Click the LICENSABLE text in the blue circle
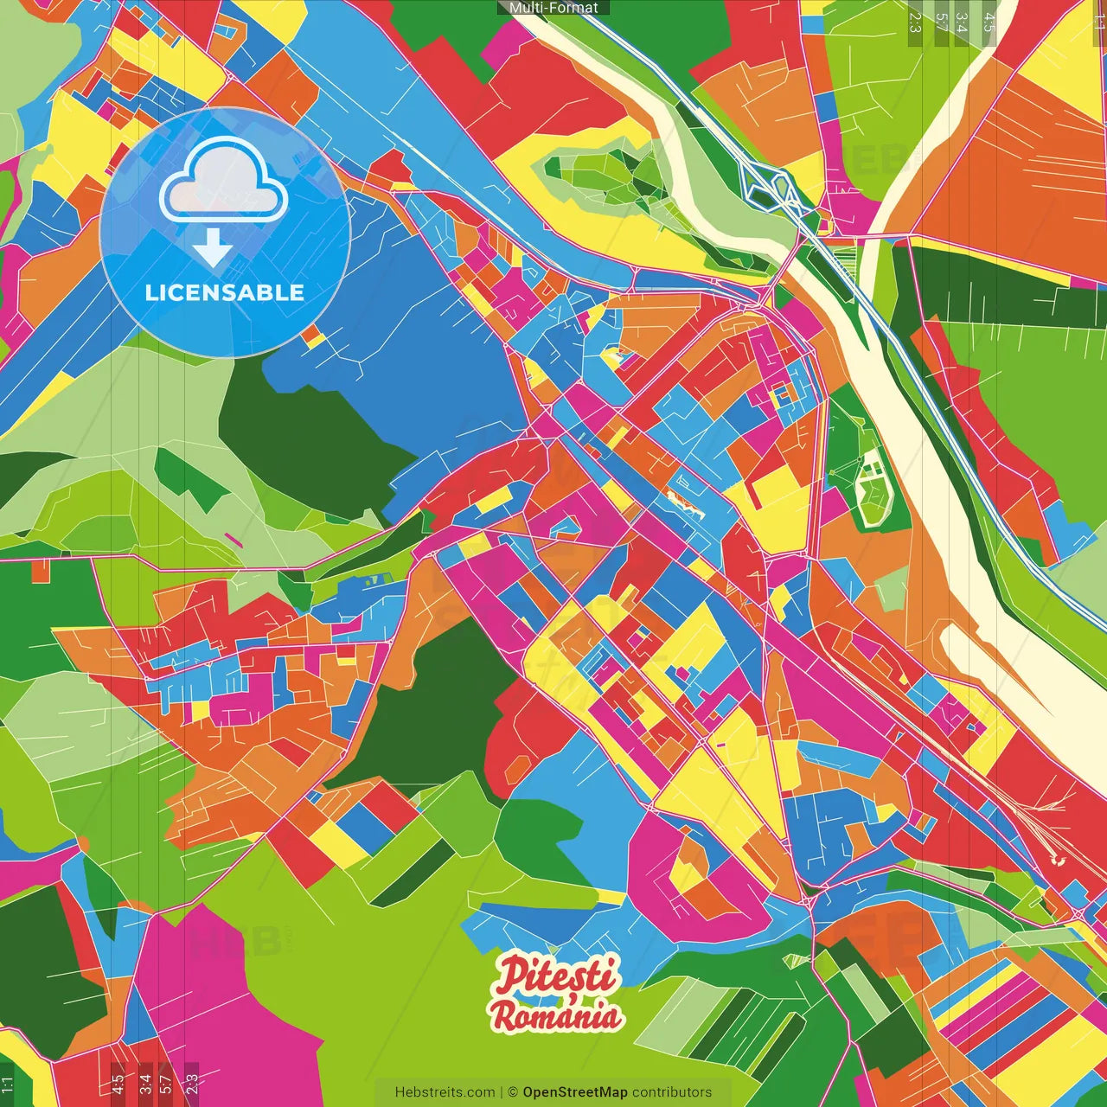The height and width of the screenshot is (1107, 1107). pos(225,292)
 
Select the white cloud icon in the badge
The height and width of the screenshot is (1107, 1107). pos(224,182)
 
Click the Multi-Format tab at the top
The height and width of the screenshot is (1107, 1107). pos(553,8)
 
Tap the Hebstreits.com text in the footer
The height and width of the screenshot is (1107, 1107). pos(445,1092)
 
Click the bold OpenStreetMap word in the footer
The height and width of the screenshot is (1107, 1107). pos(574,1092)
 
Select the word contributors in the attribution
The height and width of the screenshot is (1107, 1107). pos(672,1092)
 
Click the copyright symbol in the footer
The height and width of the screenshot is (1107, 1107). pos(512,1092)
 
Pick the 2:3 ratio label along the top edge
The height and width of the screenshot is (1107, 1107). pos(915,22)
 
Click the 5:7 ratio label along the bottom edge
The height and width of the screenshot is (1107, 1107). pos(166,1084)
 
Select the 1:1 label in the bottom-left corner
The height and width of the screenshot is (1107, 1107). pos(8,1084)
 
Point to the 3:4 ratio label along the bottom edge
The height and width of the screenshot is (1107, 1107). pos(144,1084)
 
